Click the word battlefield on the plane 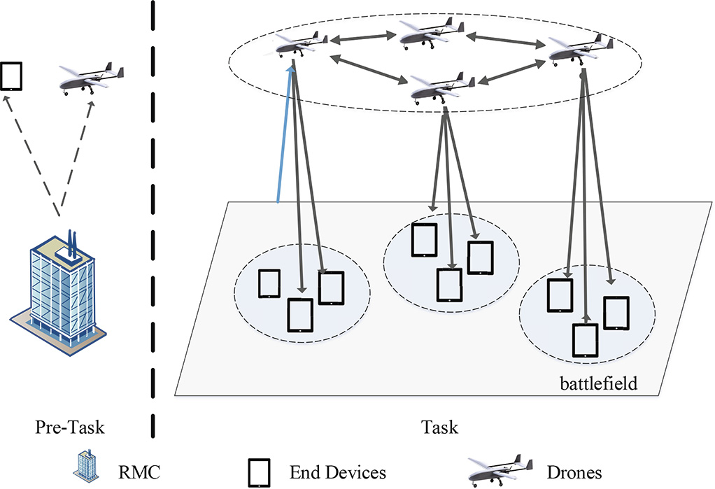598,383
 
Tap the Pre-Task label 70,427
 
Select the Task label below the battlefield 439,427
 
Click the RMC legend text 139,472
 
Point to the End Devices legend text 337,472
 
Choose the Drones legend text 574,472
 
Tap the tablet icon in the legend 259,473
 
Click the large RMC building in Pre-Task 58,292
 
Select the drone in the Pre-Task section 92,78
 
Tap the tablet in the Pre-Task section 11,76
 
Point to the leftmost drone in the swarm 297,45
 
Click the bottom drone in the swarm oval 442,87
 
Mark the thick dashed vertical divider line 153,219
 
